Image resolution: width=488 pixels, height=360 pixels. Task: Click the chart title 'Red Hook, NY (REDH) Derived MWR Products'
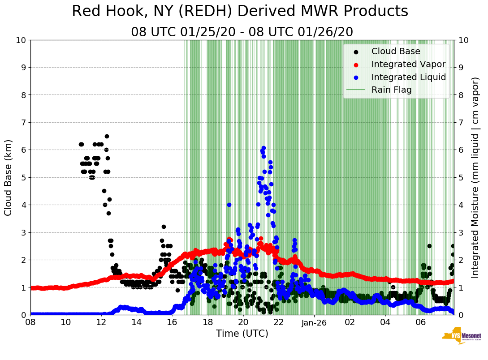tap(240, 12)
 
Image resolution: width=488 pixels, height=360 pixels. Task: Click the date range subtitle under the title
tap(242, 32)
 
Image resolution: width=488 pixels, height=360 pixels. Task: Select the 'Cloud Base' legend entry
tap(396, 51)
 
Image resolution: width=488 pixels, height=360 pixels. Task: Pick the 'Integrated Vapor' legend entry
tap(408, 64)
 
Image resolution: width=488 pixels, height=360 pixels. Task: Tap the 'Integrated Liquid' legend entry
tap(408, 77)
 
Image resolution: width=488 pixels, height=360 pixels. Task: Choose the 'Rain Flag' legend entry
tap(391, 90)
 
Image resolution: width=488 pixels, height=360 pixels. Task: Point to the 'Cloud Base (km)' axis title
tap(9, 177)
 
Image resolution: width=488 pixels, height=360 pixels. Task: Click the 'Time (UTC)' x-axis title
tap(242, 334)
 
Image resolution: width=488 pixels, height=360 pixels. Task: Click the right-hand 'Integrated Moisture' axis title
tap(475, 177)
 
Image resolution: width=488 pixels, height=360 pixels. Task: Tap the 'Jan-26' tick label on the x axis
tap(314, 322)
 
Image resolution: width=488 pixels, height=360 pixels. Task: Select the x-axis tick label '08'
tap(30, 322)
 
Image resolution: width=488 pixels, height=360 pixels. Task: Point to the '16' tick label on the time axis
tap(173, 322)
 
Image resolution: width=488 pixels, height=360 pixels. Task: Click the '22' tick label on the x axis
tap(279, 322)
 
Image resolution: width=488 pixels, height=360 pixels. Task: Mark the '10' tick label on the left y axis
tap(20, 40)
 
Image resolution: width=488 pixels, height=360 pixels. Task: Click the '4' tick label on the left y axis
tap(22, 205)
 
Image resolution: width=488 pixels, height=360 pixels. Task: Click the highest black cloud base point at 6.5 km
tap(107, 136)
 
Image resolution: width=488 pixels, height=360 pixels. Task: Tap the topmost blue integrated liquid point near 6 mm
tap(263, 148)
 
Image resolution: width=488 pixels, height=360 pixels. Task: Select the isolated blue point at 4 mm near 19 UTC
tap(229, 205)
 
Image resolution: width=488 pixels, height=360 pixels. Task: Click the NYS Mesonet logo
tap(462, 337)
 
